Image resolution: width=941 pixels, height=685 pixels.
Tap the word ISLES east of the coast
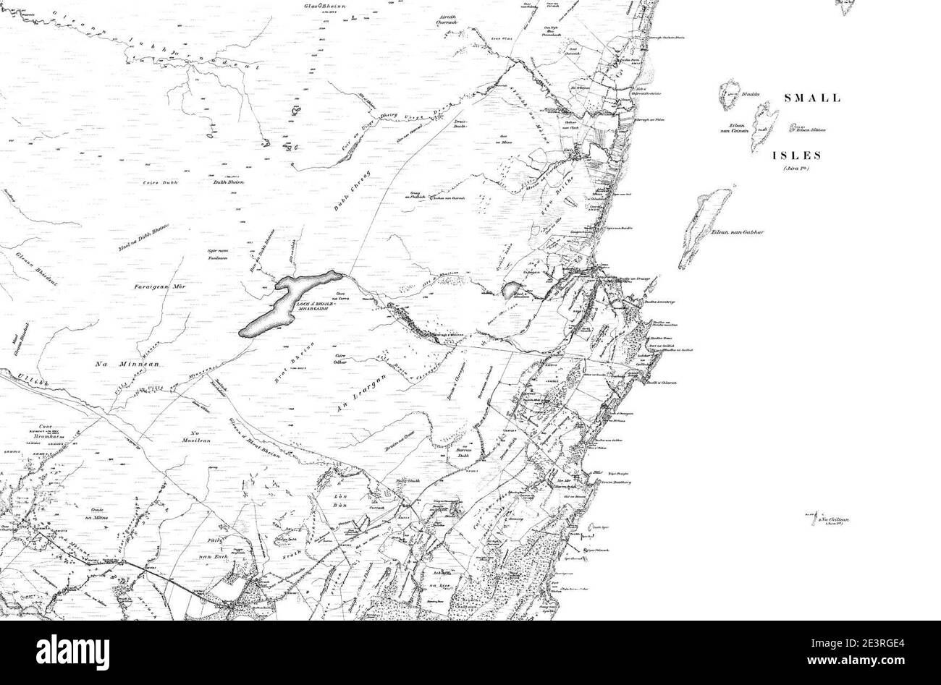(x=796, y=155)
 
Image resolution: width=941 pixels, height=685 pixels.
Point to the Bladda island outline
(x=728, y=95)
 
